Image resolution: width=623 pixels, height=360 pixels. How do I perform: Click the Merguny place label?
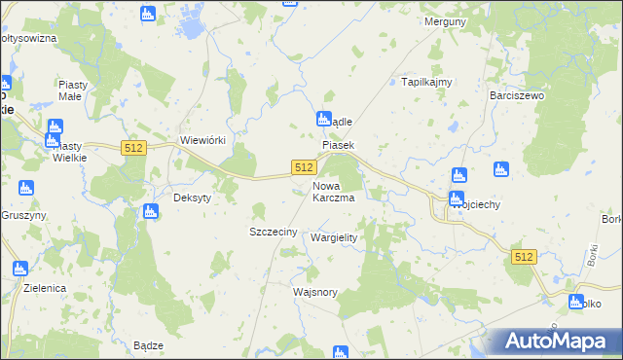(442, 20)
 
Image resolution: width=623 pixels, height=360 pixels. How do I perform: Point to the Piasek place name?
(339, 145)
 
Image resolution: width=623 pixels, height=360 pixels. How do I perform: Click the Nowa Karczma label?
(333, 191)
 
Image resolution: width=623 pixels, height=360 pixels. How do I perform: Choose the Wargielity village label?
(334, 237)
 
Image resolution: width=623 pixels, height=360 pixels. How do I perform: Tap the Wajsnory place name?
(314, 292)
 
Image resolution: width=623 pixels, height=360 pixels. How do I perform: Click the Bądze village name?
(148, 345)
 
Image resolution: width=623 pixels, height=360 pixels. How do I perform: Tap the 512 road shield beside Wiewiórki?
(134, 147)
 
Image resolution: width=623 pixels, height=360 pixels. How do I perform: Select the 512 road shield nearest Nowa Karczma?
(303, 168)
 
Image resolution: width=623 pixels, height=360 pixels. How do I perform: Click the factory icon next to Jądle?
(323, 120)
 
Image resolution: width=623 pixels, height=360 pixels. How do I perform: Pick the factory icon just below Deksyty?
(150, 212)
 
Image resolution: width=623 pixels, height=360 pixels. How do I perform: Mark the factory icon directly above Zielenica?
(18, 269)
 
